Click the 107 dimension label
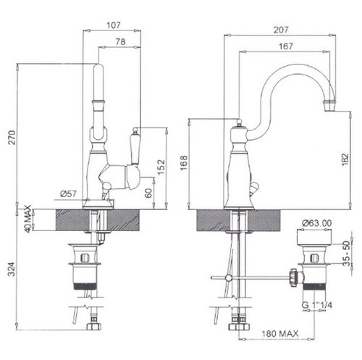[114, 25]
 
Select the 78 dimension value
[121, 42]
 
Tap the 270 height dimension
[12, 137]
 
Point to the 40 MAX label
[28, 219]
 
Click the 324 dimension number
[12, 269]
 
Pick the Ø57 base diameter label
[69, 193]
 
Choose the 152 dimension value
[161, 167]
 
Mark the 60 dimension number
[149, 193]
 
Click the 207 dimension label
[281, 30]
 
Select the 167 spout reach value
[286, 46]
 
